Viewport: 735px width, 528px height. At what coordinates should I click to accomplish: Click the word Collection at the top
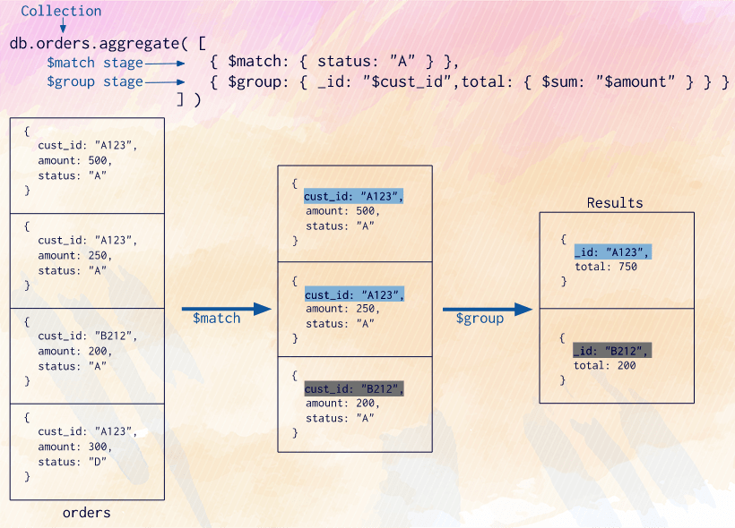(x=61, y=12)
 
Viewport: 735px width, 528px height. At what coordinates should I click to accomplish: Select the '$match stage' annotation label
(x=95, y=63)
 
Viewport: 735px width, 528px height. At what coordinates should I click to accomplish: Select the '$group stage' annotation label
(x=95, y=81)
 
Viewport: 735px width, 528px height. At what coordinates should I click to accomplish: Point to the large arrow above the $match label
(x=226, y=309)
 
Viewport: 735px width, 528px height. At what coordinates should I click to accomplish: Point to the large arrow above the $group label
(x=488, y=309)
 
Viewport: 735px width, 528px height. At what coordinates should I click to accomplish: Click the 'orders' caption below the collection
(x=87, y=513)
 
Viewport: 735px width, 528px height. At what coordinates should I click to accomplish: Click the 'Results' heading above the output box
(x=615, y=203)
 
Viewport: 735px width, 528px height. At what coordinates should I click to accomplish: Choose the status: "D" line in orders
(x=72, y=462)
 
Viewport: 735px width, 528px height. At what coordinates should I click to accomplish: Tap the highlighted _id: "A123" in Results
(x=611, y=252)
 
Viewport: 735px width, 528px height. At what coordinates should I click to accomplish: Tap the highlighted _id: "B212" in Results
(x=611, y=350)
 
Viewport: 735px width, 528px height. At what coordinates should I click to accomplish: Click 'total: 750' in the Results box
(x=605, y=267)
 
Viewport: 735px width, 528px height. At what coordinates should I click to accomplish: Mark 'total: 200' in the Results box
(x=605, y=365)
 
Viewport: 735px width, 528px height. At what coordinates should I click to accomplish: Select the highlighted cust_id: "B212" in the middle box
(x=354, y=388)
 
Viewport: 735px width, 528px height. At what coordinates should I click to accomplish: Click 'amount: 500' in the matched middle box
(x=342, y=211)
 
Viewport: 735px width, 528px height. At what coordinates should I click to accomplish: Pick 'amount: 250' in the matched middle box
(x=342, y=309)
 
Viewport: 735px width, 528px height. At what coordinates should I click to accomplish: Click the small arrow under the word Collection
(x=62, y=27)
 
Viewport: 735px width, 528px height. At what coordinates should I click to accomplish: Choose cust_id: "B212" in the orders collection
(x=88, y=336)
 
